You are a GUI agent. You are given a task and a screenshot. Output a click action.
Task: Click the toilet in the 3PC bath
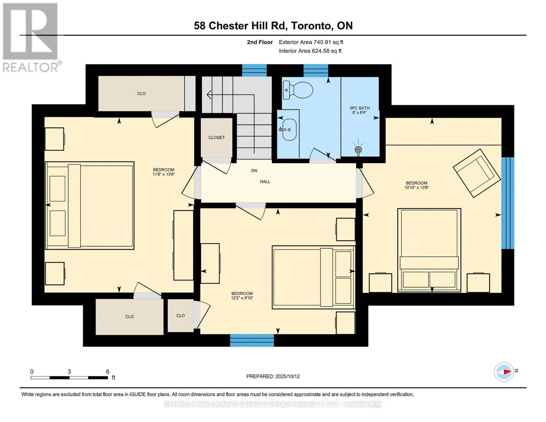[298, 90]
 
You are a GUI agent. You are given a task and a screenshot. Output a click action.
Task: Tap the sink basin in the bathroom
[289, 129]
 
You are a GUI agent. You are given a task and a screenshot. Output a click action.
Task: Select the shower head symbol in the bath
[358, 149]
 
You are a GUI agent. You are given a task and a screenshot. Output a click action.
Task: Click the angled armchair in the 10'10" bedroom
[477, 173]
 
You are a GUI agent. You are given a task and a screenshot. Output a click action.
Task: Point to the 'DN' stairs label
[254, 171]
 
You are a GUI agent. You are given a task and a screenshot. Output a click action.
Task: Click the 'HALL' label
[265, 181]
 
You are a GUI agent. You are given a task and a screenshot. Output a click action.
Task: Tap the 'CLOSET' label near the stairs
[216, 138]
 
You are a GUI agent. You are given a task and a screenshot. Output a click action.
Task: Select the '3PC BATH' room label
[359, 108]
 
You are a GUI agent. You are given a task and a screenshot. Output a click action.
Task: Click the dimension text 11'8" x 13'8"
[163, 174]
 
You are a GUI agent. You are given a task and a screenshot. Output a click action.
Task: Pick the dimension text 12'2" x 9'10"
[242, 298]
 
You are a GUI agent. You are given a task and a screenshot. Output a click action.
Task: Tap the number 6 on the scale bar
[108, 371]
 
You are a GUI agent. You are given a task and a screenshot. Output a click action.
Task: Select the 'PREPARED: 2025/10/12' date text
[273, 376]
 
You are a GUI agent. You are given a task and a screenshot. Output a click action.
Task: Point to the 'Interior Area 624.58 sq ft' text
[310, 51]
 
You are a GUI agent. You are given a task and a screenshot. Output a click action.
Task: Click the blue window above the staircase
[254, 70]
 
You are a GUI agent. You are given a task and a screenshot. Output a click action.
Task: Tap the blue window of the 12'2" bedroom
[252, 340]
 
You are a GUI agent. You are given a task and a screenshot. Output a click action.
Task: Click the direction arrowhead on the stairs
[209, 95]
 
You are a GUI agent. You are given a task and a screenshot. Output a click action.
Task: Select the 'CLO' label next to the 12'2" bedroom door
[180, 315]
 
